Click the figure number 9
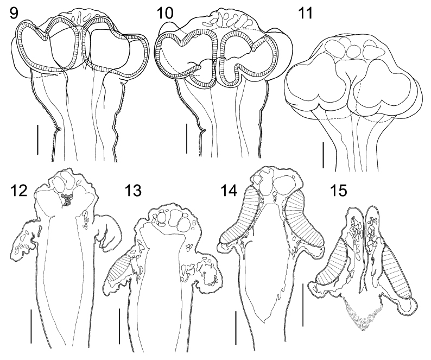(14, 14)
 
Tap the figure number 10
(165, 14)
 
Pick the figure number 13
(133, 190)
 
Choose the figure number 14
(229, 190)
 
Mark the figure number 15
(339, 190)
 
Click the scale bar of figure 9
(37, 140)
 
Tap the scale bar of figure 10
(187, 138)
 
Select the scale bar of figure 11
(324, 155)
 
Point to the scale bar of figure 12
(31, 326)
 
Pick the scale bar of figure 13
(119, 326)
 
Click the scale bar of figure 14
(236, 327)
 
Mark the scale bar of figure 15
(303, 305)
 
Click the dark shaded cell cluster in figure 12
(66, 200)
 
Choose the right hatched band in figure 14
(304, 219)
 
